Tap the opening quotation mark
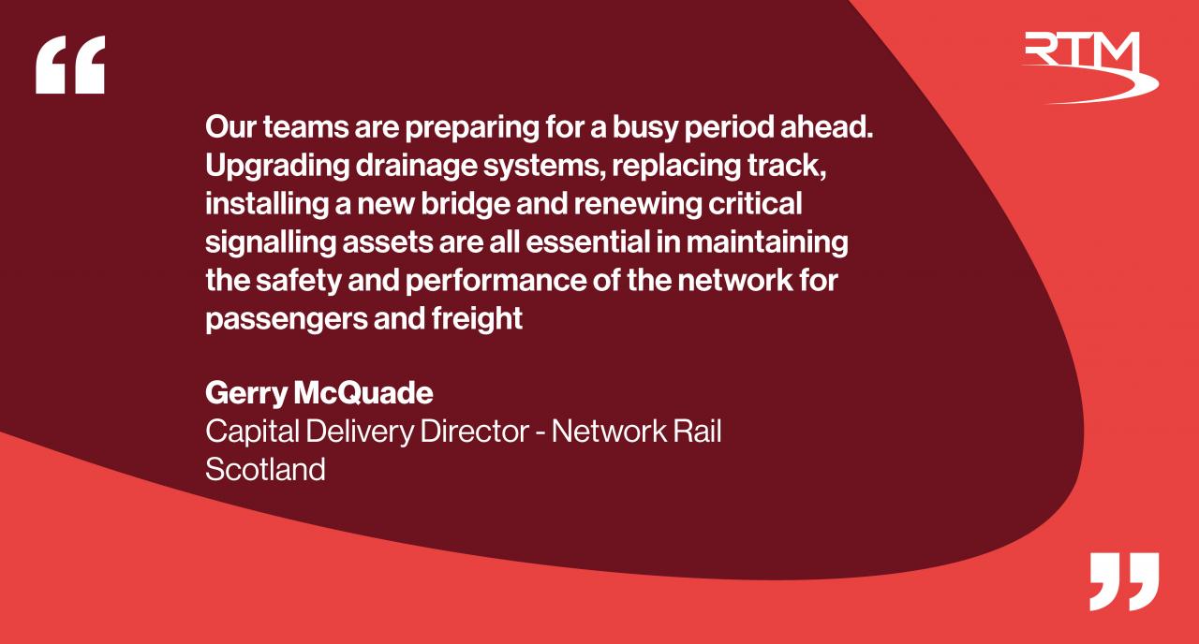tap(70, 65)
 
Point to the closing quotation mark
tap(1125, 581)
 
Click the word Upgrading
tap(277, 167)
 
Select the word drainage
tap(416, 167)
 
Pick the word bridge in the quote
tap(466, 204)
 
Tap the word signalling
tap(271, 242)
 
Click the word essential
tap(587, 242)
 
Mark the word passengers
tap(287, 320)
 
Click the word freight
tap(477, 320)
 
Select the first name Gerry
tap(246, 394)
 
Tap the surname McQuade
tap(363, 393)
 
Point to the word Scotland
tap(265, 470)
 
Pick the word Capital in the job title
tap(252, 432)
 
